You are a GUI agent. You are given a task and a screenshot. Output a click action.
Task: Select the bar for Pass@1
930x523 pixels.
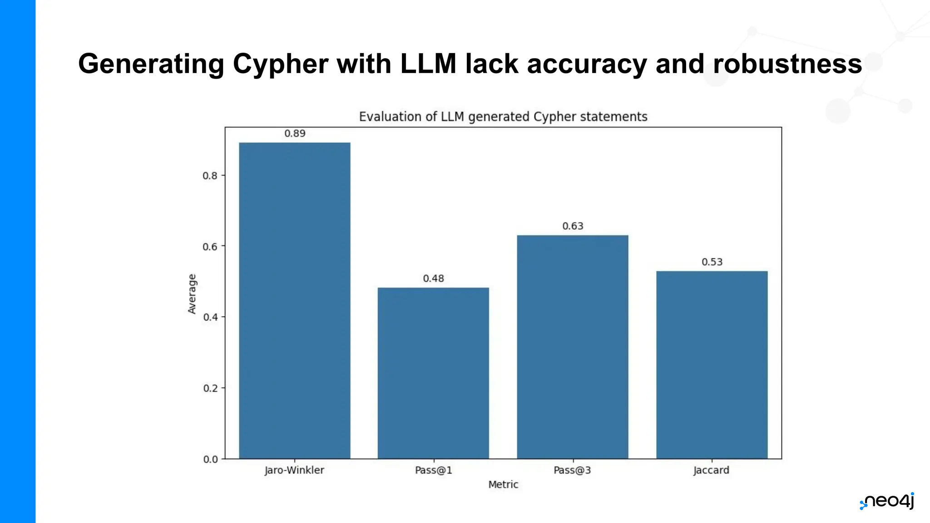pyautogui.click(x=433, y=373)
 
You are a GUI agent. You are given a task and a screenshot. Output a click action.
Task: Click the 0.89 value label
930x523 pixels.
pyautogui.click(x=295, y=133)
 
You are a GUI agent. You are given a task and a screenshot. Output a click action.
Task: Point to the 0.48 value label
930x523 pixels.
pyautogui.click(x=433, y=278)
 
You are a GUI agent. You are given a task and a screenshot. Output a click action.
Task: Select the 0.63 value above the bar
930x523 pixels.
pyautogui.click(x=573, y=226)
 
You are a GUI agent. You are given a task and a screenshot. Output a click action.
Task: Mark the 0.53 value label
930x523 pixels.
pyautogui.click(x=712, y=262)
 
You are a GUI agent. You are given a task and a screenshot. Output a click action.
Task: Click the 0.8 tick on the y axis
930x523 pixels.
pyautogui.click(x=210, y=176)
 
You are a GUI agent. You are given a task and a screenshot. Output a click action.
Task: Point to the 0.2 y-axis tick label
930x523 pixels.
pyautogui.click(x=210, y=388)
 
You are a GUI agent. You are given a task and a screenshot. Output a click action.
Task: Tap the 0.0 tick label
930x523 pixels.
pyautogui.click(x=210, y=459)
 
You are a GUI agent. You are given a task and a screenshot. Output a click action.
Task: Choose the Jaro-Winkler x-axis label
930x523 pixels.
pyautogui.click(x=294, y=470)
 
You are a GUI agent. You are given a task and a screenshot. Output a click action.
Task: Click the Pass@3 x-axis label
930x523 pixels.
pyautogui.click(x=572, y=470)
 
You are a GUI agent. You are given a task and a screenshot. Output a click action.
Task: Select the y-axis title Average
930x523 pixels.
pyautogui.click(x=192, y=294)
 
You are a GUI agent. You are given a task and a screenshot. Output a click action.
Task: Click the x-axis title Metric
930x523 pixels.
pyautogui.click(x=503, y=484)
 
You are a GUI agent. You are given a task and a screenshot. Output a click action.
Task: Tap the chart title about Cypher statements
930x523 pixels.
pyautogui.click(x=503, y=117)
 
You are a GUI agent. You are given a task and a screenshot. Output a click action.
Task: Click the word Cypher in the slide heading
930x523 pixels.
pyautogui.click(x=280, y=64)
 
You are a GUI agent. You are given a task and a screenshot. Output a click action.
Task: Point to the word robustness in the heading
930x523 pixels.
pyautogui.click(x=787, y=64)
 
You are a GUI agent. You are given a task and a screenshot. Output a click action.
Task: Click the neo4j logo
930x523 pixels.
pyautogui.click(x=886, y=501)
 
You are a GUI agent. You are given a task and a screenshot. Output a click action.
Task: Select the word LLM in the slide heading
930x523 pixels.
pyautogui.click(x=428, y=64)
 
